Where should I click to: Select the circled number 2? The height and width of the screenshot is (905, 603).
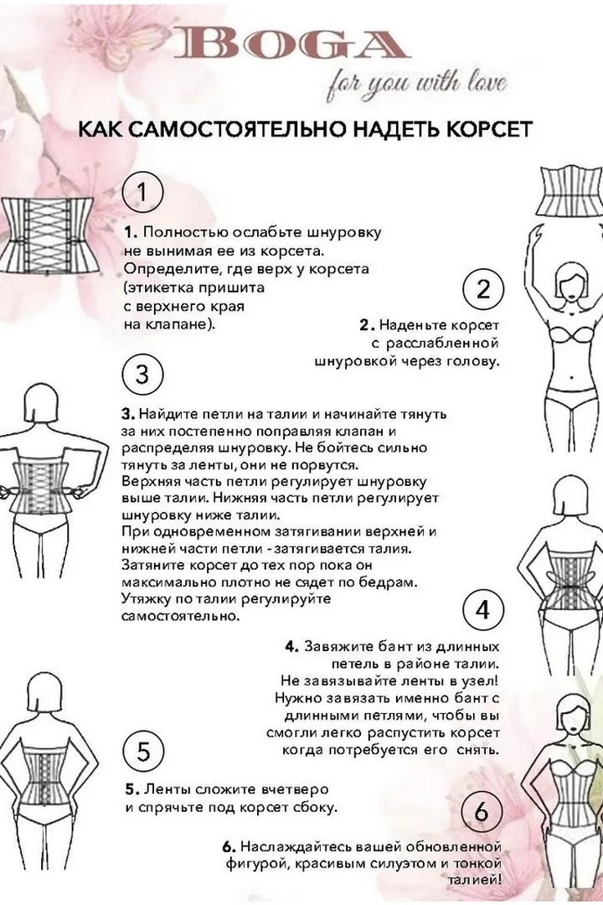click(483, 290)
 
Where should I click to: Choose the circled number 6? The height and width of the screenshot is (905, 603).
click(481, 811)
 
